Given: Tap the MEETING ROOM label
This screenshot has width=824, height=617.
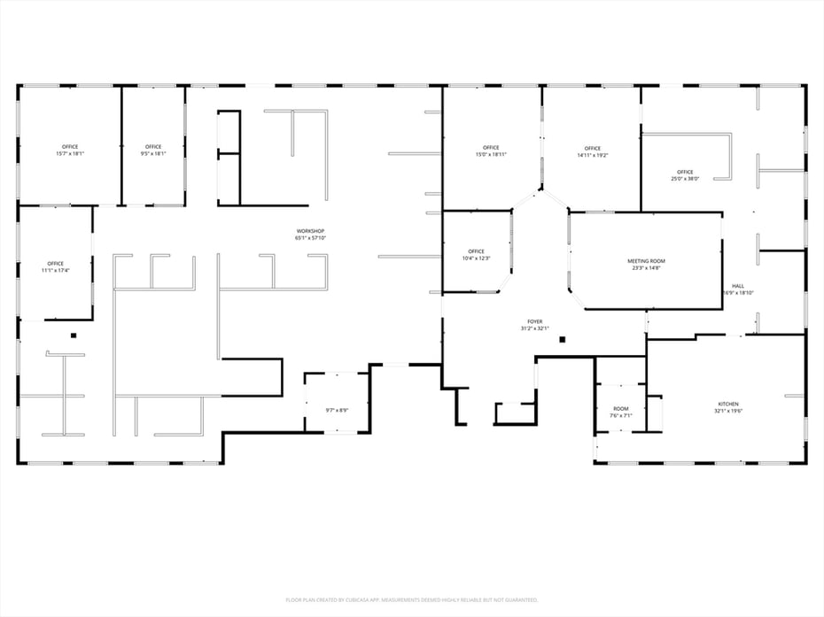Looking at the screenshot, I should tap(646, 261).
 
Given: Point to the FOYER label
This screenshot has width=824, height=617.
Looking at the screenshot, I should tap(534, 321).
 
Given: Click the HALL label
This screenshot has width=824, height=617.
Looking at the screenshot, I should tap(737, 286).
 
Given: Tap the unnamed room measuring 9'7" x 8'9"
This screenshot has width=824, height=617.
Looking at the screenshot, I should tap(337, 410).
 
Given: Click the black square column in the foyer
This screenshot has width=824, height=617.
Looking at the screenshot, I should tap(562, 339).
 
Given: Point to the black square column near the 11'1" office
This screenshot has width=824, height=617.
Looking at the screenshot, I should tap(74, 335).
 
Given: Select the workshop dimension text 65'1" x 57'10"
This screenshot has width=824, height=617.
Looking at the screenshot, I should tap(311, 238).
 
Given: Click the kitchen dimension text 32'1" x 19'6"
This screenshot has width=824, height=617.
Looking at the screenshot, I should tap(727, 412).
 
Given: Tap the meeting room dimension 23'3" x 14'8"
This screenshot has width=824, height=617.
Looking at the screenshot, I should tap(646, 268).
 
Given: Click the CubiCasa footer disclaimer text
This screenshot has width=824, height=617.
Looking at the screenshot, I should tap(411, 599).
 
